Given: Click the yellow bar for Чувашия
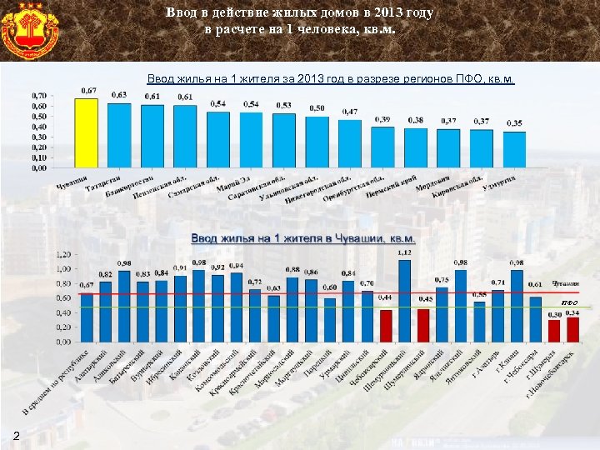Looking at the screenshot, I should pos(86,133).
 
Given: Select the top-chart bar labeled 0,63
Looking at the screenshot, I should pos(119,135).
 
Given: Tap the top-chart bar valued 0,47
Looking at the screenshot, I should pos(350,143).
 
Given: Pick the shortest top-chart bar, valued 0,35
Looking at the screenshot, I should pos(515,149).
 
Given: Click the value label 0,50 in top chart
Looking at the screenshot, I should pos(317,108).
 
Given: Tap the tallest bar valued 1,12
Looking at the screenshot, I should pos(405,301).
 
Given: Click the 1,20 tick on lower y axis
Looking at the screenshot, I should pos(62,254).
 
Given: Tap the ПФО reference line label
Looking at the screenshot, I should pos(569,301).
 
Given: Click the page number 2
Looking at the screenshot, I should pos(17,435).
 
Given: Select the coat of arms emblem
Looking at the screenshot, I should pos(30,30).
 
